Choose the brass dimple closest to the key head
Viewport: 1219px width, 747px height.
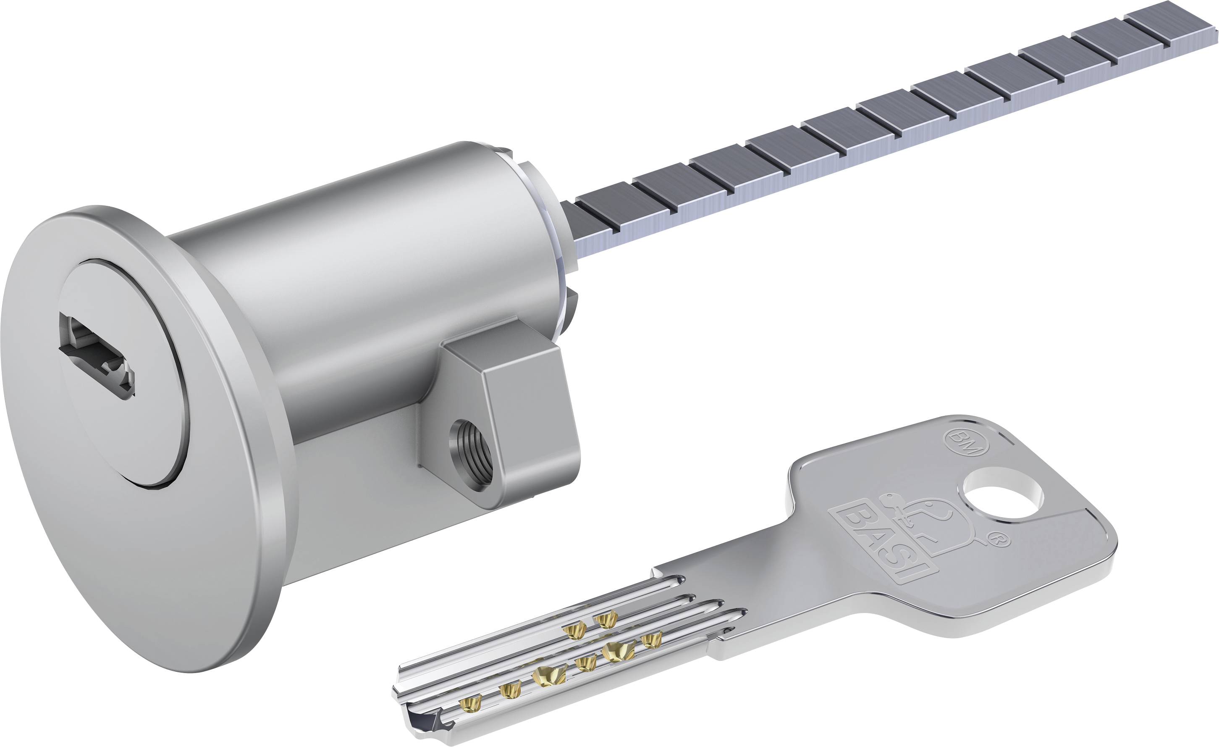click(652, 640)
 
